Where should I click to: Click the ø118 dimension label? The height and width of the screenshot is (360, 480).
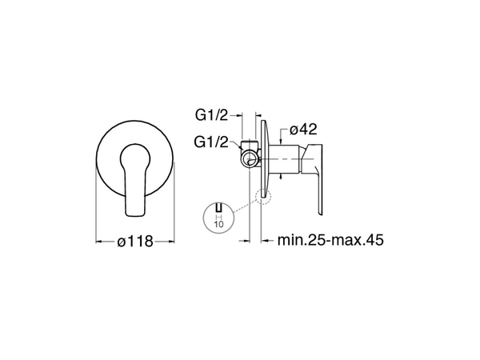pos(135,242)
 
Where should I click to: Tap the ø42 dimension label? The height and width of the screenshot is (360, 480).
pos(303,130)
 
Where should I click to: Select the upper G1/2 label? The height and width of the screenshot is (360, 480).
pos(212,115)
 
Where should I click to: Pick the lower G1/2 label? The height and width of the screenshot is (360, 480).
pos(211,142)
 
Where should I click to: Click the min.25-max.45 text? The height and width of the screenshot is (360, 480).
pos(330,240)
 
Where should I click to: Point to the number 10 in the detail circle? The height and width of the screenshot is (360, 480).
pos(218,224)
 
